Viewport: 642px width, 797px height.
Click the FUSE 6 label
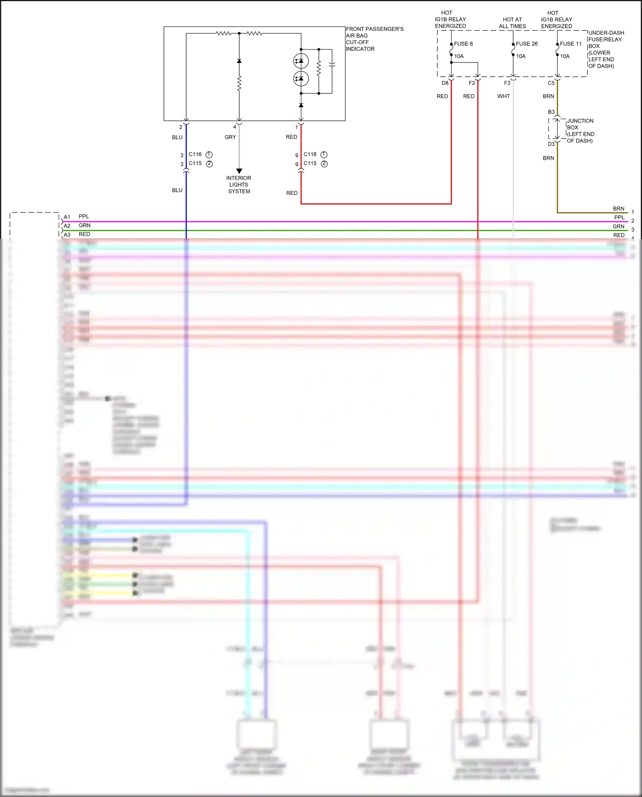(x=463, y=44)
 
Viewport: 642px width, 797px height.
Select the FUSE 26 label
(x=526, y=44)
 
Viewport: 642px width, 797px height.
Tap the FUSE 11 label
(x=571, y=44)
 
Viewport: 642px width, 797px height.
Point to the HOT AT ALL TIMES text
(x=512, y=23)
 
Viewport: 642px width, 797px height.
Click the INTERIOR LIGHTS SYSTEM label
(x=239, y=185)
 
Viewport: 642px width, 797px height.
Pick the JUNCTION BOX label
(x=580, y=131)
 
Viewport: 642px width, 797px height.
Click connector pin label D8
(x=445, y=83)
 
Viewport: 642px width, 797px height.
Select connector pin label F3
(x=507, y=83)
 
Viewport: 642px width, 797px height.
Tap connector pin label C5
(x=551, y=83)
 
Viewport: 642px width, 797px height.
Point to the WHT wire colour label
(x=503, y=96)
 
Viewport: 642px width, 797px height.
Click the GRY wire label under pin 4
(x=230, y=137)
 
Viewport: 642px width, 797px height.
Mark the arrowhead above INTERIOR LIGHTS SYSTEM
(x=239, y=171)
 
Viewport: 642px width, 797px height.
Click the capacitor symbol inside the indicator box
(x=332, y=65)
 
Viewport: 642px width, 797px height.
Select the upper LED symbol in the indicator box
(x=301, y=61)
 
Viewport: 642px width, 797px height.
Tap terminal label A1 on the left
(x=67, y=217)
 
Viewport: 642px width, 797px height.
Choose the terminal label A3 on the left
(x=67, y=235)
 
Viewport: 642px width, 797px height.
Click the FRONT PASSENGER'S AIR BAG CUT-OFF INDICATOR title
(x=374, y=39)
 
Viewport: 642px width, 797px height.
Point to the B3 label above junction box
(x=551, y=112)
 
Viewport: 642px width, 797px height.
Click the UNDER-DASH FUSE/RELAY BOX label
(x=606, y=49)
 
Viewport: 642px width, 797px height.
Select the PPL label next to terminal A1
(x=84, y=216)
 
